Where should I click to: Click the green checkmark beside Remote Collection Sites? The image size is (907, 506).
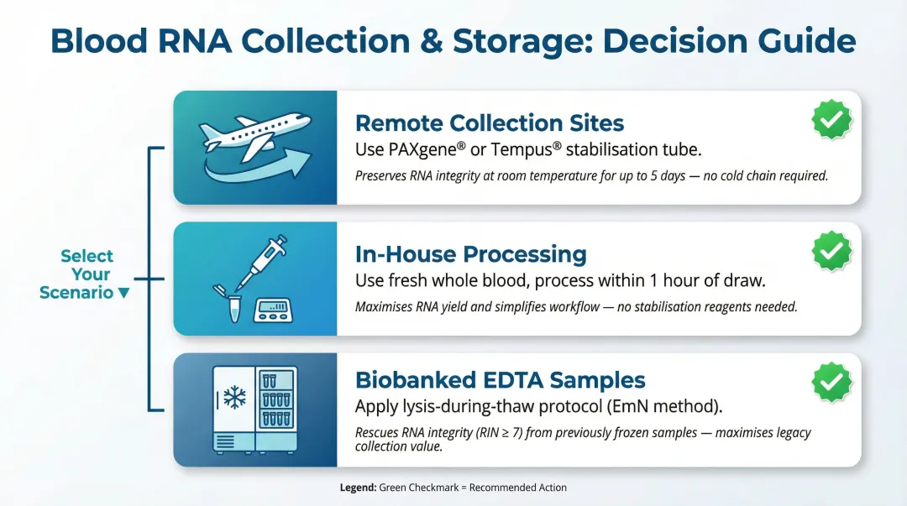(x=831, y=120)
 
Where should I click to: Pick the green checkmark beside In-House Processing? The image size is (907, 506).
(x=831, y=251)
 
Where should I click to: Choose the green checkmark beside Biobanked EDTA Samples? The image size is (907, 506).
(x=831, y=382)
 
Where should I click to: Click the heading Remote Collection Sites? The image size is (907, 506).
(x=490, y=123)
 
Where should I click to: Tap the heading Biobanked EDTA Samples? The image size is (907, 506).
(x=501, y=379)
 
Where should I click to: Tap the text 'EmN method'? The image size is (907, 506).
(x=670, y=406)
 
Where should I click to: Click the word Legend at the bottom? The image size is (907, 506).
(x=358, y=488)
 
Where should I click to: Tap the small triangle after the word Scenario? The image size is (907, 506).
(x=124, y=294)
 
